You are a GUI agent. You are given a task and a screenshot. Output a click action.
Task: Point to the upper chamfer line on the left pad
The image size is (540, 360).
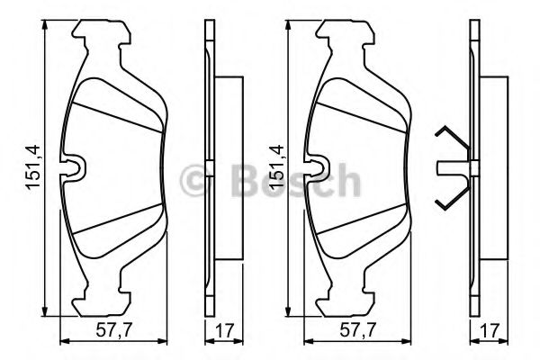point(117,114)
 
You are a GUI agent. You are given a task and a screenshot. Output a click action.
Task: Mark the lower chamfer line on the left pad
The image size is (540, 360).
point(117,220)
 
